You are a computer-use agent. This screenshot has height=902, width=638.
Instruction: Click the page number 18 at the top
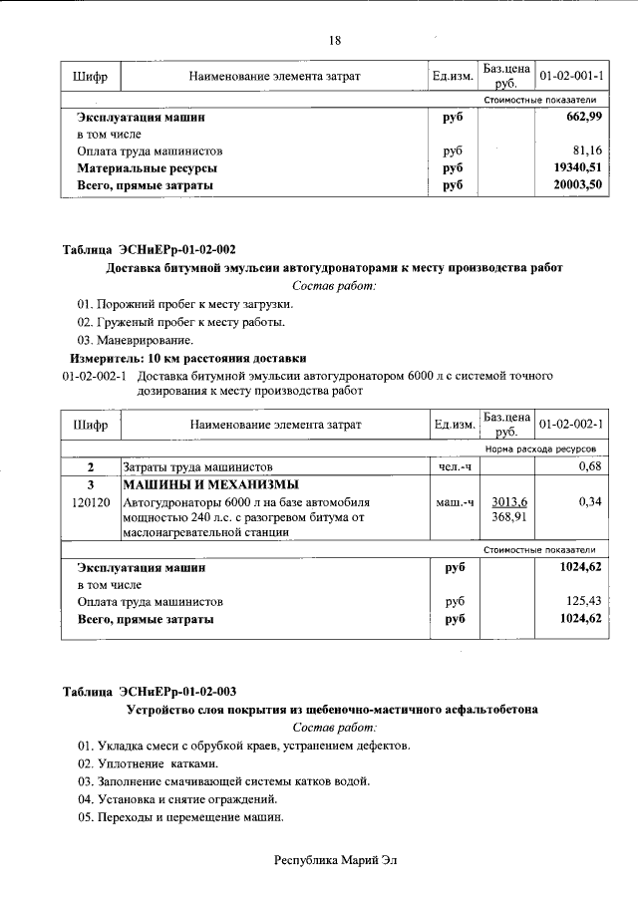point(335,41)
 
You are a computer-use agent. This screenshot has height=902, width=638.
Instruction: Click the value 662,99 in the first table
point(583,118)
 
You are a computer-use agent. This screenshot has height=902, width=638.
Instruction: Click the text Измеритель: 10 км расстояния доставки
point(187,358)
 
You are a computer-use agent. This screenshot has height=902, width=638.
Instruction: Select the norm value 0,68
point(591,466)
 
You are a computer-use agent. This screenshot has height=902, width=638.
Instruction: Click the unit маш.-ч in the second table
point(455,502)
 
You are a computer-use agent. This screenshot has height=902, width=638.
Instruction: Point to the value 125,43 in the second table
point(585,602)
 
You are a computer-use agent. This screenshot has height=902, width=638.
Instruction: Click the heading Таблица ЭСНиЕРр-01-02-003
point(150,692)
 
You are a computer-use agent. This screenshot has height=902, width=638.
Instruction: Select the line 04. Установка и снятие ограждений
point(177,799)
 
